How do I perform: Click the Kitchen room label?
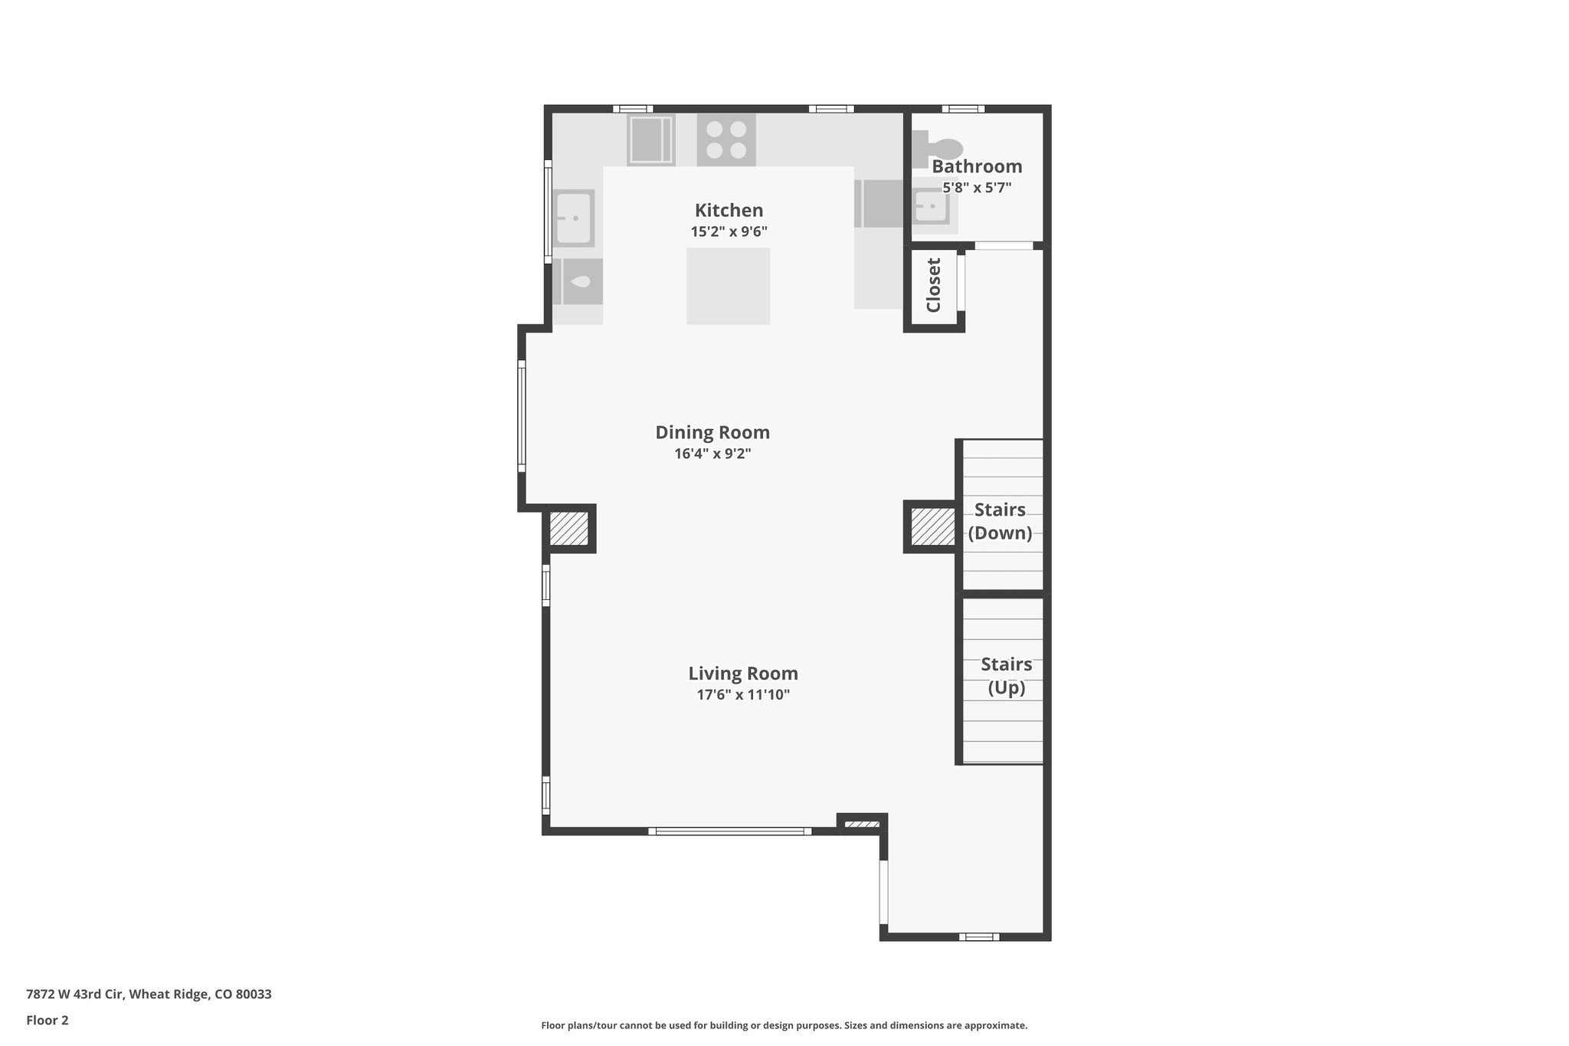click(729, 210)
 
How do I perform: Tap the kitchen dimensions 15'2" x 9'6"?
click(729, 231)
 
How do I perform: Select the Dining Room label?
click(712, 432)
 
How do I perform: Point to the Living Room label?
click(742, 674)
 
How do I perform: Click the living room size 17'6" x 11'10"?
click(742, 695)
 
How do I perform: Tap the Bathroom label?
click(977, 166)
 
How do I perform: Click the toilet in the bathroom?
click(942, 148)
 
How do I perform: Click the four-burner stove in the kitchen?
click(726, 139)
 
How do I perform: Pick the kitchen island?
click(728, 286)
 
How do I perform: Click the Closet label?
click(933, 285)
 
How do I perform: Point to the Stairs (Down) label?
click(1000, 521)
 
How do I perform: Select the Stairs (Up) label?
click(1006, 676)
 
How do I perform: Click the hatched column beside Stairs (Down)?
click(932, 527)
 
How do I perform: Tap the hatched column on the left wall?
click(569, 529)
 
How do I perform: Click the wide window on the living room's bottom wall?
click(729, 831)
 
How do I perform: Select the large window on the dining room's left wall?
click(522, 416)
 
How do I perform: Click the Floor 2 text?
click(47, 1020)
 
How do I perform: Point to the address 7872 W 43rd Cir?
click(149, 994)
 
